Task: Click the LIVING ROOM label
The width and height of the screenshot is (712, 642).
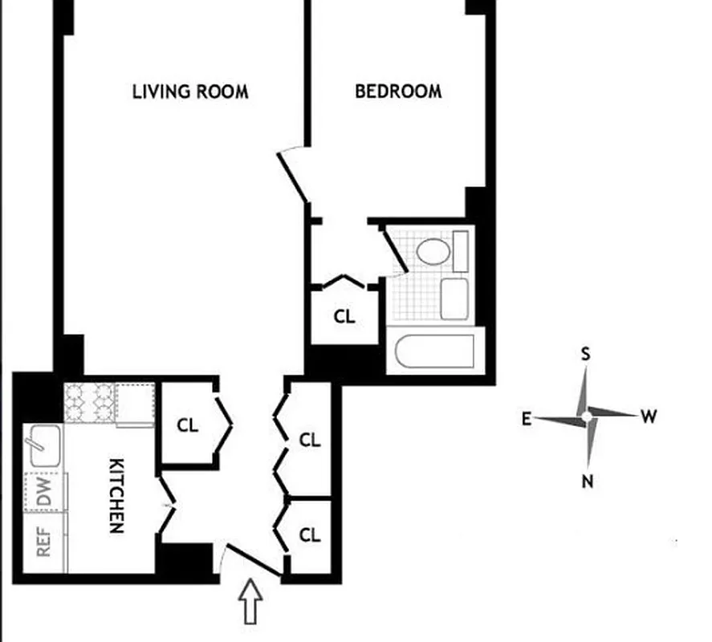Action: (190, 91)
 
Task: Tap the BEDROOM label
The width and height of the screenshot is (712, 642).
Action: (398, 91)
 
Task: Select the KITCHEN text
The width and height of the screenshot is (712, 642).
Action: (116, 496)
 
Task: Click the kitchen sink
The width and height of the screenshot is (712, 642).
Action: (45, 446)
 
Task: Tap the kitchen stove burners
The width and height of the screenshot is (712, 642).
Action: (89, 400)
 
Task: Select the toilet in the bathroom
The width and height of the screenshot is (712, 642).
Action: (433, 251)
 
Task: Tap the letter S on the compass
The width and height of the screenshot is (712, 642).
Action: (586, 354)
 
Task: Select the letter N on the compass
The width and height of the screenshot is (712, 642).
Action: (588, 481)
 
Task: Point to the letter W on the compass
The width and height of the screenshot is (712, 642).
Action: (649, 416)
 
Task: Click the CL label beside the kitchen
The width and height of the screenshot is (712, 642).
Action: (188, 425)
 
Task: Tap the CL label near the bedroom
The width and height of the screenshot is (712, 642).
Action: (344, 316)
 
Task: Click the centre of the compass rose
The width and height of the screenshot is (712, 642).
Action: (588, 416)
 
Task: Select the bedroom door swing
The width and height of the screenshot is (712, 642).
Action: (292, 177)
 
